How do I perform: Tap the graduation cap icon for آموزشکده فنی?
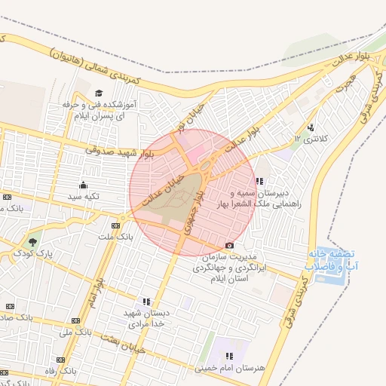pyautogui.click(x=98, y=93)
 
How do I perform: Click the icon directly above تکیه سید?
pyautogui.click(x=83, y=185)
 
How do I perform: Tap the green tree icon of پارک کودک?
pyautogui.click(x=31, y=242)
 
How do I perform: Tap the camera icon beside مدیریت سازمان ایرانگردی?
pyautogui.click(x=230, y=246)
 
